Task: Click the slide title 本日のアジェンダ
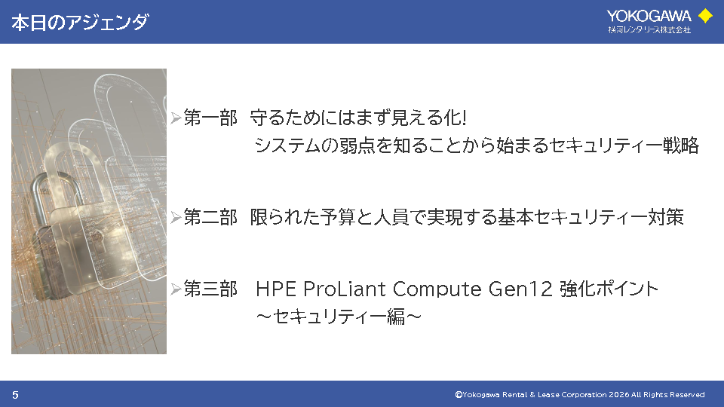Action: pyautogui.click(x=80, y=22)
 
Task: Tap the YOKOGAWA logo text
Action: pyautogui.click(x=649, y=16)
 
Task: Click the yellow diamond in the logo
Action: pyautogui.click(x=705, y=16)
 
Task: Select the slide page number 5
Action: pyautogui.click(x=15, y=395)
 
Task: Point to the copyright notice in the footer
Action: pyautogui.click(x=580, y=394)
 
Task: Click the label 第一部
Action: pyautogui.click(x=210, y=118)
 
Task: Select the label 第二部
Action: pyautogui.click(x=210, y=217)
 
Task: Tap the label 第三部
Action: pyautogui.click(x=210, y=289)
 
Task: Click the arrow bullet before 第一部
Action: pyautogui.click(x=176, y=118)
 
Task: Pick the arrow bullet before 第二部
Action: pyautogui.click(x=176, y=217)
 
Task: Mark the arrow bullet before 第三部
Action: pyautogui.click(x=176, y=289)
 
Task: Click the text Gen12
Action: pyautogui.click(x=520, y=289)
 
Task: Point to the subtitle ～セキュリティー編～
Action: pyautogui.click(x=339, y=317)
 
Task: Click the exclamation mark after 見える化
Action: pyautogui.click(x=464, y=118)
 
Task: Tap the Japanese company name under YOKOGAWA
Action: pyautogui.click(x=649, y=30)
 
